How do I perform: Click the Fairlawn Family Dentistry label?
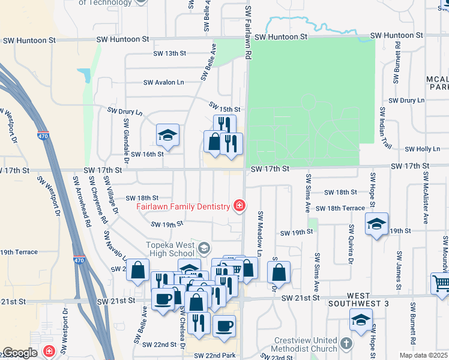(183, 206)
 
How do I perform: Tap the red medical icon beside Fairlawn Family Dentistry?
(239, 206)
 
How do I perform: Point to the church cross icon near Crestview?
(346, 344)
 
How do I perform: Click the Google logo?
(20, 353)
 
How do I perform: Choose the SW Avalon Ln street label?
(163, 82)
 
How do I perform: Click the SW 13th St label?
(169, 53)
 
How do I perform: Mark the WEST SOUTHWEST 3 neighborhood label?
(358, 301)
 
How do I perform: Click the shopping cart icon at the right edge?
(441, 283)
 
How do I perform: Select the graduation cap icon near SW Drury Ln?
(167, 135)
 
